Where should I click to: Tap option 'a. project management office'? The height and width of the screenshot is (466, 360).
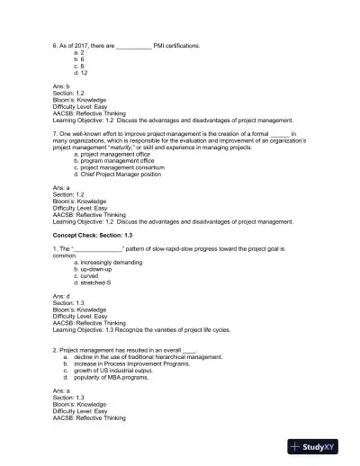112,155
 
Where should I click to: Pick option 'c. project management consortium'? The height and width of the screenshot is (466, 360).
119,167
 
